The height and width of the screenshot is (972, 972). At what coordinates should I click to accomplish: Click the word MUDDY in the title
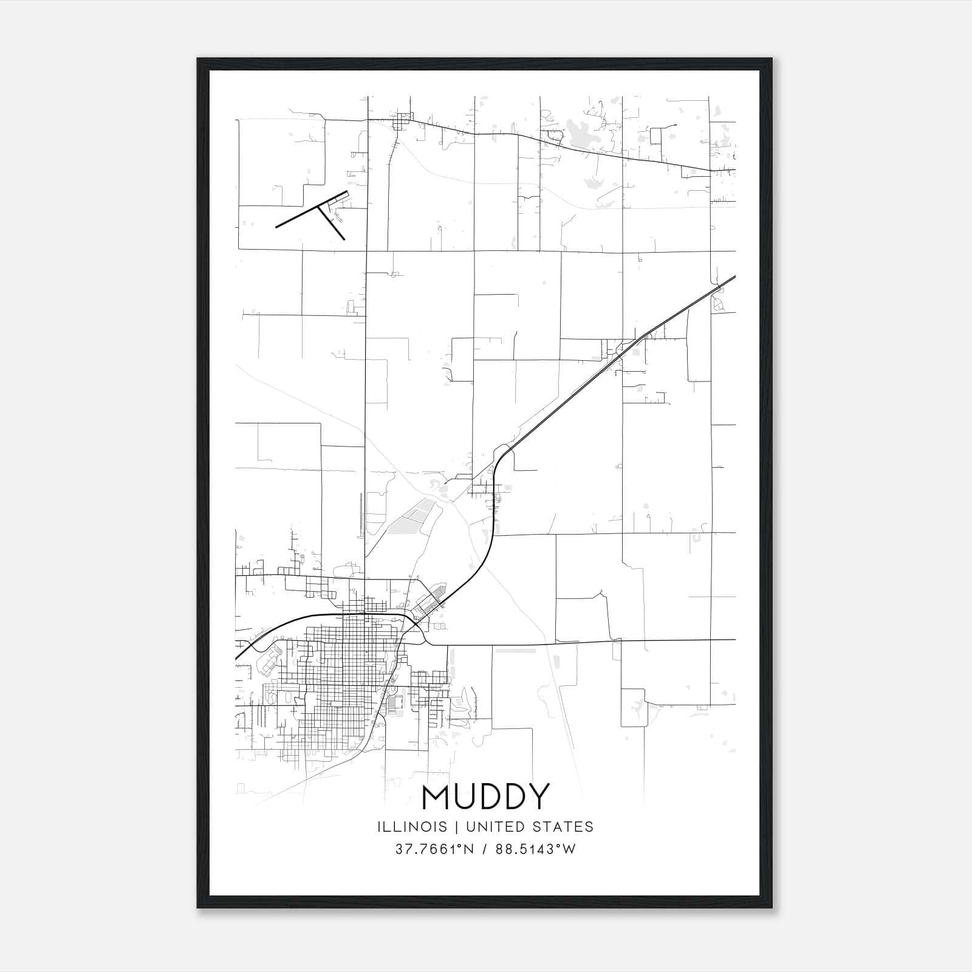(485, 798)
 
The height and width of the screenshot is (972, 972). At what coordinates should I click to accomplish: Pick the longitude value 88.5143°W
(535, 849)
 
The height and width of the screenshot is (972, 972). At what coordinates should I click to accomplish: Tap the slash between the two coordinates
(484, 849)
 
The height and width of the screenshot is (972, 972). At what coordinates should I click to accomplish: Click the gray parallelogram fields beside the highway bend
(413, 519)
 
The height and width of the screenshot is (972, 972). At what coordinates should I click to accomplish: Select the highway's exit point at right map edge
(734, 277)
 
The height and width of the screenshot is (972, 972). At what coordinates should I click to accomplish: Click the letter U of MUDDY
(466, 798)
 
